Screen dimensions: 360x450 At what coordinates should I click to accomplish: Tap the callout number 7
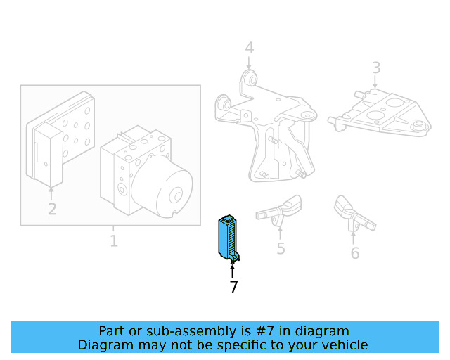[x=233, y=287]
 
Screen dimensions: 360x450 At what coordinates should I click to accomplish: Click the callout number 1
[x=113, y=242]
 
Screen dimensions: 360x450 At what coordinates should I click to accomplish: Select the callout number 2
[x=52, y=209]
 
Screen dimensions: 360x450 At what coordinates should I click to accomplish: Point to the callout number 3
[x=376, y=68]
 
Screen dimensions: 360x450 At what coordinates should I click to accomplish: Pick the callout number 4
[x=249, y=49]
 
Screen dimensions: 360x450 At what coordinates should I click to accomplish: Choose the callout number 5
[x=281, y=248]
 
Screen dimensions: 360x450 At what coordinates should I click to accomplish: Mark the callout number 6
[x=354, y=252]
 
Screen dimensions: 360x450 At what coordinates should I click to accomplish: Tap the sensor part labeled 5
[x=281, y=210]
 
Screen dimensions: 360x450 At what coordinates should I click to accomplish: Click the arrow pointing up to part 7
[x=233, y=271]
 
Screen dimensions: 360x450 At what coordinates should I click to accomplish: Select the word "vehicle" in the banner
[x=343, y=345]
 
